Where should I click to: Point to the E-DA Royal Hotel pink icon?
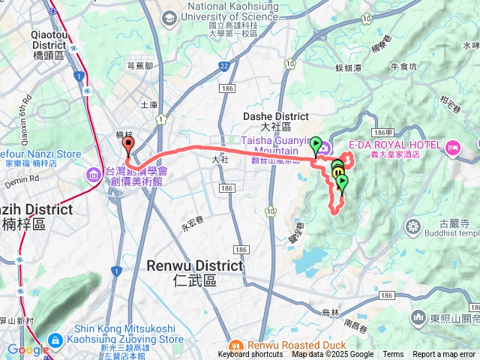click(x=451, y=145)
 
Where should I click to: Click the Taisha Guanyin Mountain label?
click(x=276, y=145)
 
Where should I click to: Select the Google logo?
click(x=28, y=349)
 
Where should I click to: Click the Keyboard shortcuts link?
click(x=250, y=355)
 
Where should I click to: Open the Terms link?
click(x=393, y=355)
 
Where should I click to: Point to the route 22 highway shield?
click(x=224, y=67)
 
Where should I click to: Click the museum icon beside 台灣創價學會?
click(x=94, y=175)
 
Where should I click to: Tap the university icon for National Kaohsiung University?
click(x=169, y=16)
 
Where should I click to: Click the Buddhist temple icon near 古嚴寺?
click(x=412, y=226)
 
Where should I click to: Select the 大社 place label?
click(x=220, y=160)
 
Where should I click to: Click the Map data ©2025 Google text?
click(x=332, y=355)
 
